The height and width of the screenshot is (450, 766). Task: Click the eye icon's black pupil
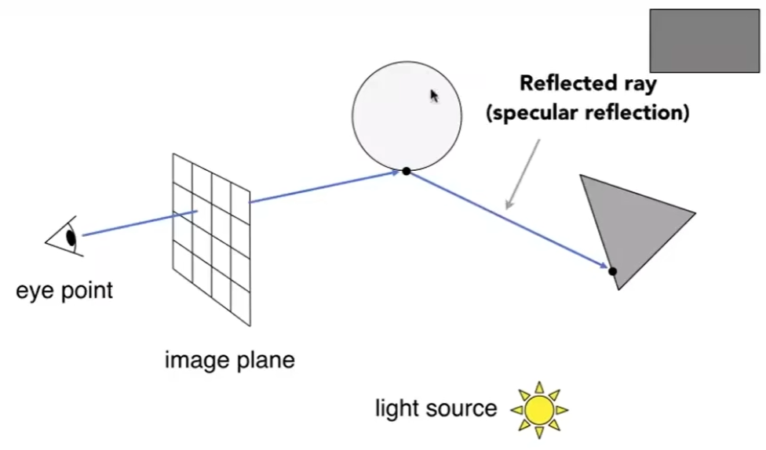click(x=71, y=238)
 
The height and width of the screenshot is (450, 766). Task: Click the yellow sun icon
click(x=539, y=409)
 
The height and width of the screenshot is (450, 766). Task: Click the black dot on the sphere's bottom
click(x=406, y=171)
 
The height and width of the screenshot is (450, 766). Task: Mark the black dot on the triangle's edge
click(x=612, y=271)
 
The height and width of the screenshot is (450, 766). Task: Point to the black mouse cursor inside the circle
click(x=434, y=96)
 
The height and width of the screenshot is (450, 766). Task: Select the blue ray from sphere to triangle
click(x=510, y=222)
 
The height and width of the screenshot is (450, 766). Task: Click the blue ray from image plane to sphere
click(x=326, y=187)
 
